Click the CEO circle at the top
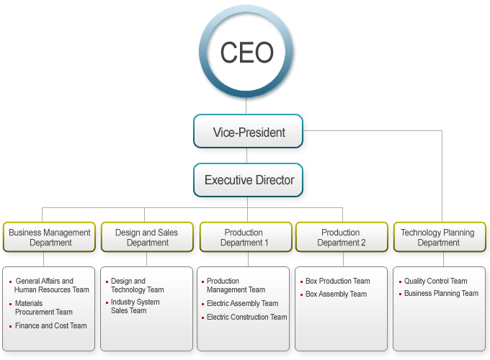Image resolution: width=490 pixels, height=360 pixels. point(246,53)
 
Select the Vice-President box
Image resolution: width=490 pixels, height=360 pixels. point(249,132)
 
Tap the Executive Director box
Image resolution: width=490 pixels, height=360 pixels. point(249,180)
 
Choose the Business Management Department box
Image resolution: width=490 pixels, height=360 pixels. point(50,238)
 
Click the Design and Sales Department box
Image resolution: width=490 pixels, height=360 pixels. point(147,238)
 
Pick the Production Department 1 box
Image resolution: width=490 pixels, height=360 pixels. point(244,238)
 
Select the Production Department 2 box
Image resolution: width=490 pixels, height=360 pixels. point(342,238)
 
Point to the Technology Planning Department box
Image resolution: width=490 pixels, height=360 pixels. point(438,238)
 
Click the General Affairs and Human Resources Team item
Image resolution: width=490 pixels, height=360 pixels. point(52,285)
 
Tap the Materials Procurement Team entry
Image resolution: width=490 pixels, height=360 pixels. point(44,307)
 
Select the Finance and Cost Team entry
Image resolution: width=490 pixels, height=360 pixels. point(50,326)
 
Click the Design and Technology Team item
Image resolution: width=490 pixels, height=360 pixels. point(137,285)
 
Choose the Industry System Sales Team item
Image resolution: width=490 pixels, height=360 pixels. point(135,306)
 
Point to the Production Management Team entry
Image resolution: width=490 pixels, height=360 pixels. point(236,285)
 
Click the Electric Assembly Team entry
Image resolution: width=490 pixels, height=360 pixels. point(242,304)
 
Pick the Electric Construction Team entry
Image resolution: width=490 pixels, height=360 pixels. point(246,317)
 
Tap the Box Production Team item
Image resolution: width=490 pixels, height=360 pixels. point(337,282)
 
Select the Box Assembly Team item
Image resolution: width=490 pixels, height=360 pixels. point(336,294)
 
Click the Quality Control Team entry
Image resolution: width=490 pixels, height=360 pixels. point(435,282)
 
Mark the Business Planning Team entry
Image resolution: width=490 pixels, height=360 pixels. point(441,294)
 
